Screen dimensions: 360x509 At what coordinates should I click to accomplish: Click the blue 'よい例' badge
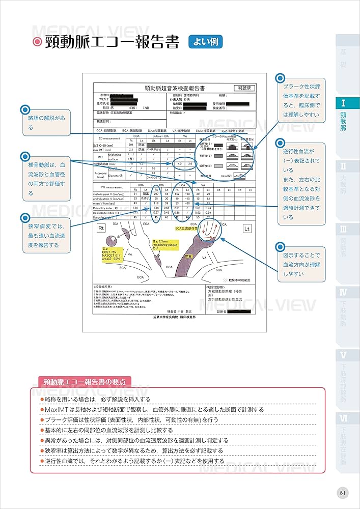click(x=205, y=41)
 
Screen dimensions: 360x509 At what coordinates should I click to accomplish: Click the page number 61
click(x=343, y=493)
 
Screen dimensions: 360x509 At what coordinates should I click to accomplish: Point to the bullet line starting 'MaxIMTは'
click(x=153, y=409)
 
